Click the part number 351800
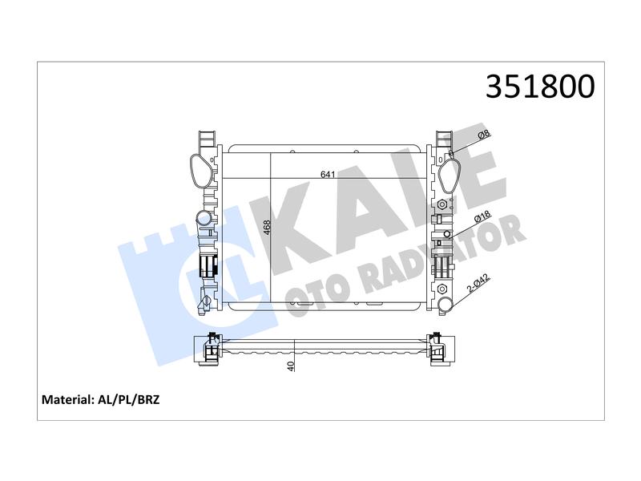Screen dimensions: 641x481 point(540,87)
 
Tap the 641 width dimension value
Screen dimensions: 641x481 point(328,175)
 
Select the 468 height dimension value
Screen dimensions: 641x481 point(267,228)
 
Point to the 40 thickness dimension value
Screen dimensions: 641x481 point(291,366)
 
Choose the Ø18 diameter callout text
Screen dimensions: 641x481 point(483,216)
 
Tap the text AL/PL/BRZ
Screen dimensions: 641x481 point(129,399)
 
